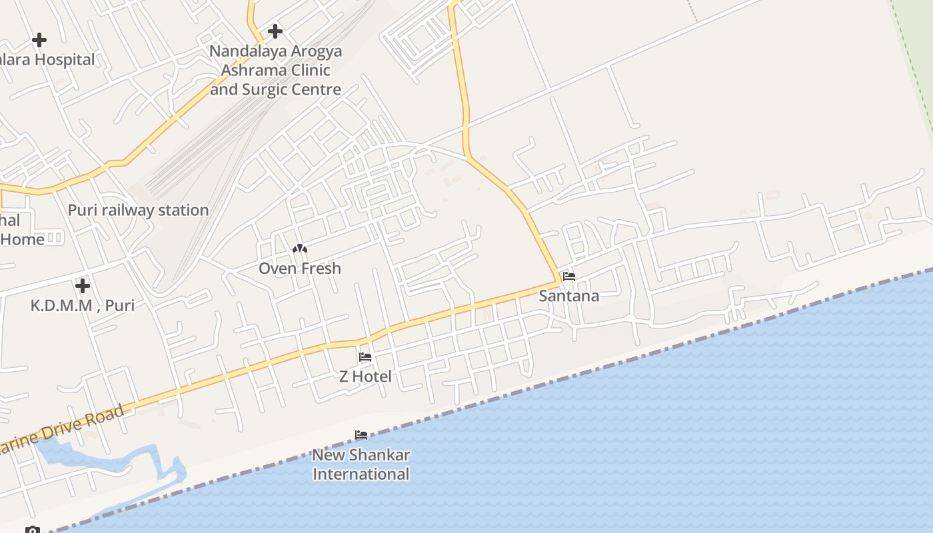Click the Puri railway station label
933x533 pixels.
138,211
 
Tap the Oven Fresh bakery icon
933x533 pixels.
300,249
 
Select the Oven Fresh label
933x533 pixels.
300,268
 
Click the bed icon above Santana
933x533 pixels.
569,276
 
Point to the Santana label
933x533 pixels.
569,296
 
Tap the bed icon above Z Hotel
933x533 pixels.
365,357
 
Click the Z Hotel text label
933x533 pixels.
365,376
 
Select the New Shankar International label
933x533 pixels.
361,465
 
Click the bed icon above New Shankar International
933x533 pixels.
361,436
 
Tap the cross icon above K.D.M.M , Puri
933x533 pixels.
83,286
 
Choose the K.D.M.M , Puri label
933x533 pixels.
83,306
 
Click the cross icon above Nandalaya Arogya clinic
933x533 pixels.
275,31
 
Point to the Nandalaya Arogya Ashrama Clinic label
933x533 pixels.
276,70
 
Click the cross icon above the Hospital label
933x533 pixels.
39,40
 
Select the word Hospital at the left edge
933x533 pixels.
64,60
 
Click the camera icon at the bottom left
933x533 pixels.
33,530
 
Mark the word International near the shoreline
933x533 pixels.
361,474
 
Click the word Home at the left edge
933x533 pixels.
22,239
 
